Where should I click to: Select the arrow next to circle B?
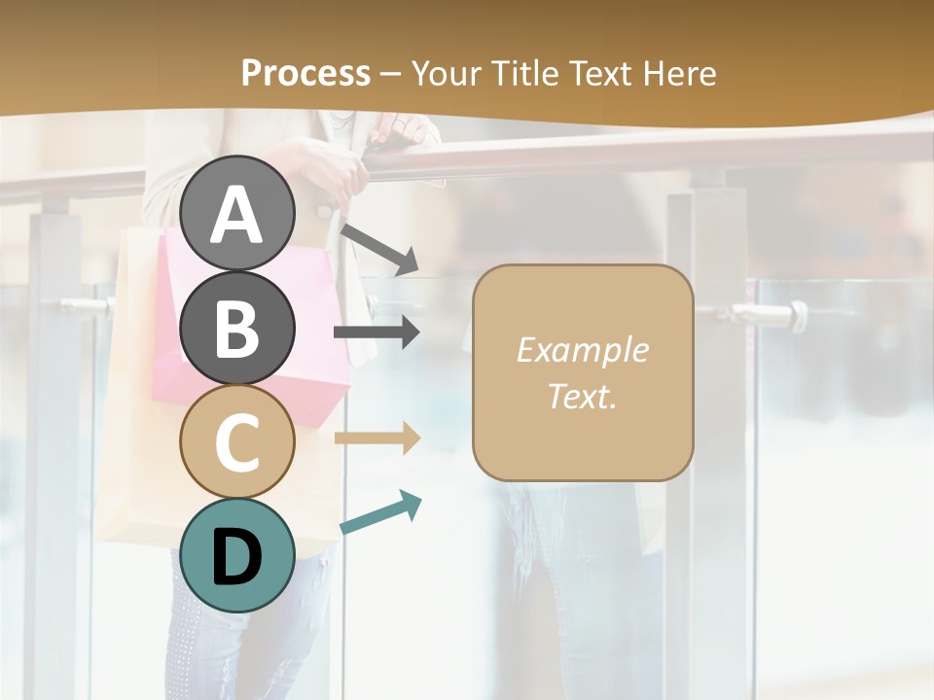point(377,332)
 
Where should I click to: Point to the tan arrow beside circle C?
point(377,438)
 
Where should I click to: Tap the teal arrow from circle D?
point(379,513)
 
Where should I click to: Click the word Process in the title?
point(305,73)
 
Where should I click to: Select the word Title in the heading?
point(525,73)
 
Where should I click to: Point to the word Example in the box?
point(582,350)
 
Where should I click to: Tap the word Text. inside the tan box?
point(582,397)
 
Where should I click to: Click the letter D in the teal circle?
point(236,557)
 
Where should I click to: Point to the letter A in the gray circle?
point(236,214)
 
